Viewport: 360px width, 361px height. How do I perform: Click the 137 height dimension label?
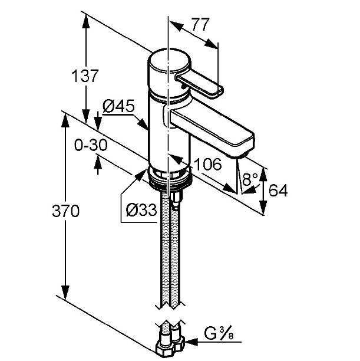click(85, 76)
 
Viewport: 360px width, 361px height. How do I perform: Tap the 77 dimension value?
click(200, 24)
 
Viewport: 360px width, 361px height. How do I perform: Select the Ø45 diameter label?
click(118, 106)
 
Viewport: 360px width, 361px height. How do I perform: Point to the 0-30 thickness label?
click(91, 145)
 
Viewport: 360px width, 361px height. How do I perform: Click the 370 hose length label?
click(65, 211)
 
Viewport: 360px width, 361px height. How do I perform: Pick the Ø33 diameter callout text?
click(141, 210)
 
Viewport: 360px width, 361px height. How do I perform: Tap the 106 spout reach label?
click(208, 164)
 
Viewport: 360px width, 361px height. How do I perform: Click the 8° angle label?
click(250, 179)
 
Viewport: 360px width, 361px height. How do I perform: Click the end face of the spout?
click(243, 146)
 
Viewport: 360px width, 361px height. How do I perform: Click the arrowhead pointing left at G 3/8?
click(191, 342)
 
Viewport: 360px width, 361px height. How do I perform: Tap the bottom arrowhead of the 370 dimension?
click(65, 292)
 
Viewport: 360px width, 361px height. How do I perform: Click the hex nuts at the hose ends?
click(171, 347)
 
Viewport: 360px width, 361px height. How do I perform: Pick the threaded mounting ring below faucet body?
click(170, 178)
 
